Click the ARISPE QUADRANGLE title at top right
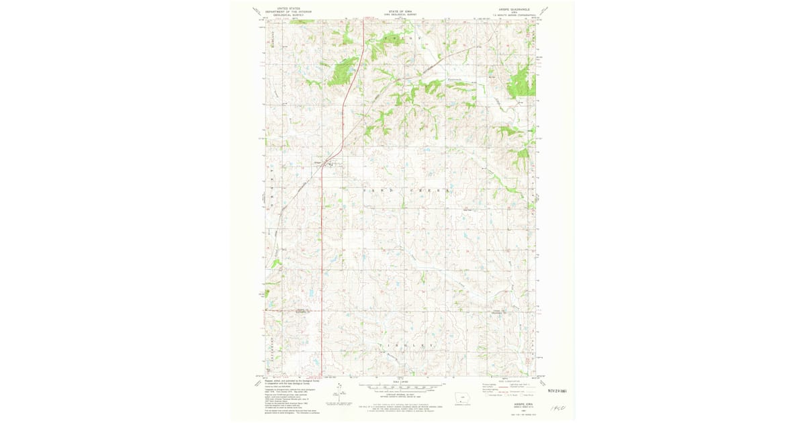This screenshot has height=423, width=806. coord(515,9)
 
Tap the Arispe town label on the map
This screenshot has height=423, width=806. coord(318,161)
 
